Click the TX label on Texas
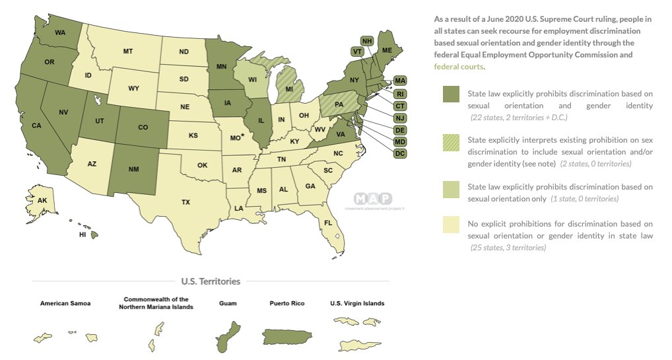[x=185, y=202]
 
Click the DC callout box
[x=400, y=153]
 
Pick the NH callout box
[x=368, y=41]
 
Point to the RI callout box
[x=400, y=93]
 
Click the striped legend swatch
[x=451, y=144]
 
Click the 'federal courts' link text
[x=458, y=67]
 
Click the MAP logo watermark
[x=372, y=199]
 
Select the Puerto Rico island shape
[x=291, y=336]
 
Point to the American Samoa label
[x=65, y=304]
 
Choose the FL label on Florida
[x=328, y=223]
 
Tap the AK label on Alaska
[x=42, y=201]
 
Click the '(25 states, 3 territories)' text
[x=508, y=248]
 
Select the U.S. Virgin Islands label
[x=357, y=304]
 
